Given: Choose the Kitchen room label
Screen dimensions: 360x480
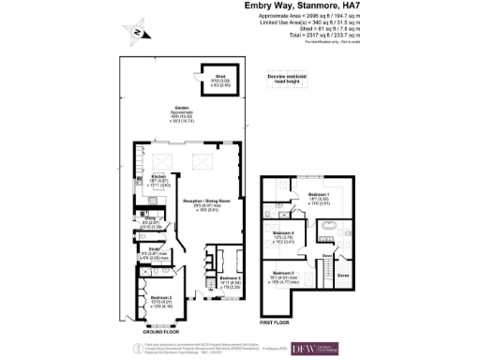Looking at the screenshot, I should pos(157,179).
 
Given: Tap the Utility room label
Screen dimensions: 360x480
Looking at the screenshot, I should pos(151,219).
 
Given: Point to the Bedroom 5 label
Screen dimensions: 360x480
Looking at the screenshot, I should pos(232,279).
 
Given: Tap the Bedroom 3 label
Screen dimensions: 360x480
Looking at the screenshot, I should pos(284,273).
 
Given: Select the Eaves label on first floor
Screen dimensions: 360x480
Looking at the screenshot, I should pos(343,275).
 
